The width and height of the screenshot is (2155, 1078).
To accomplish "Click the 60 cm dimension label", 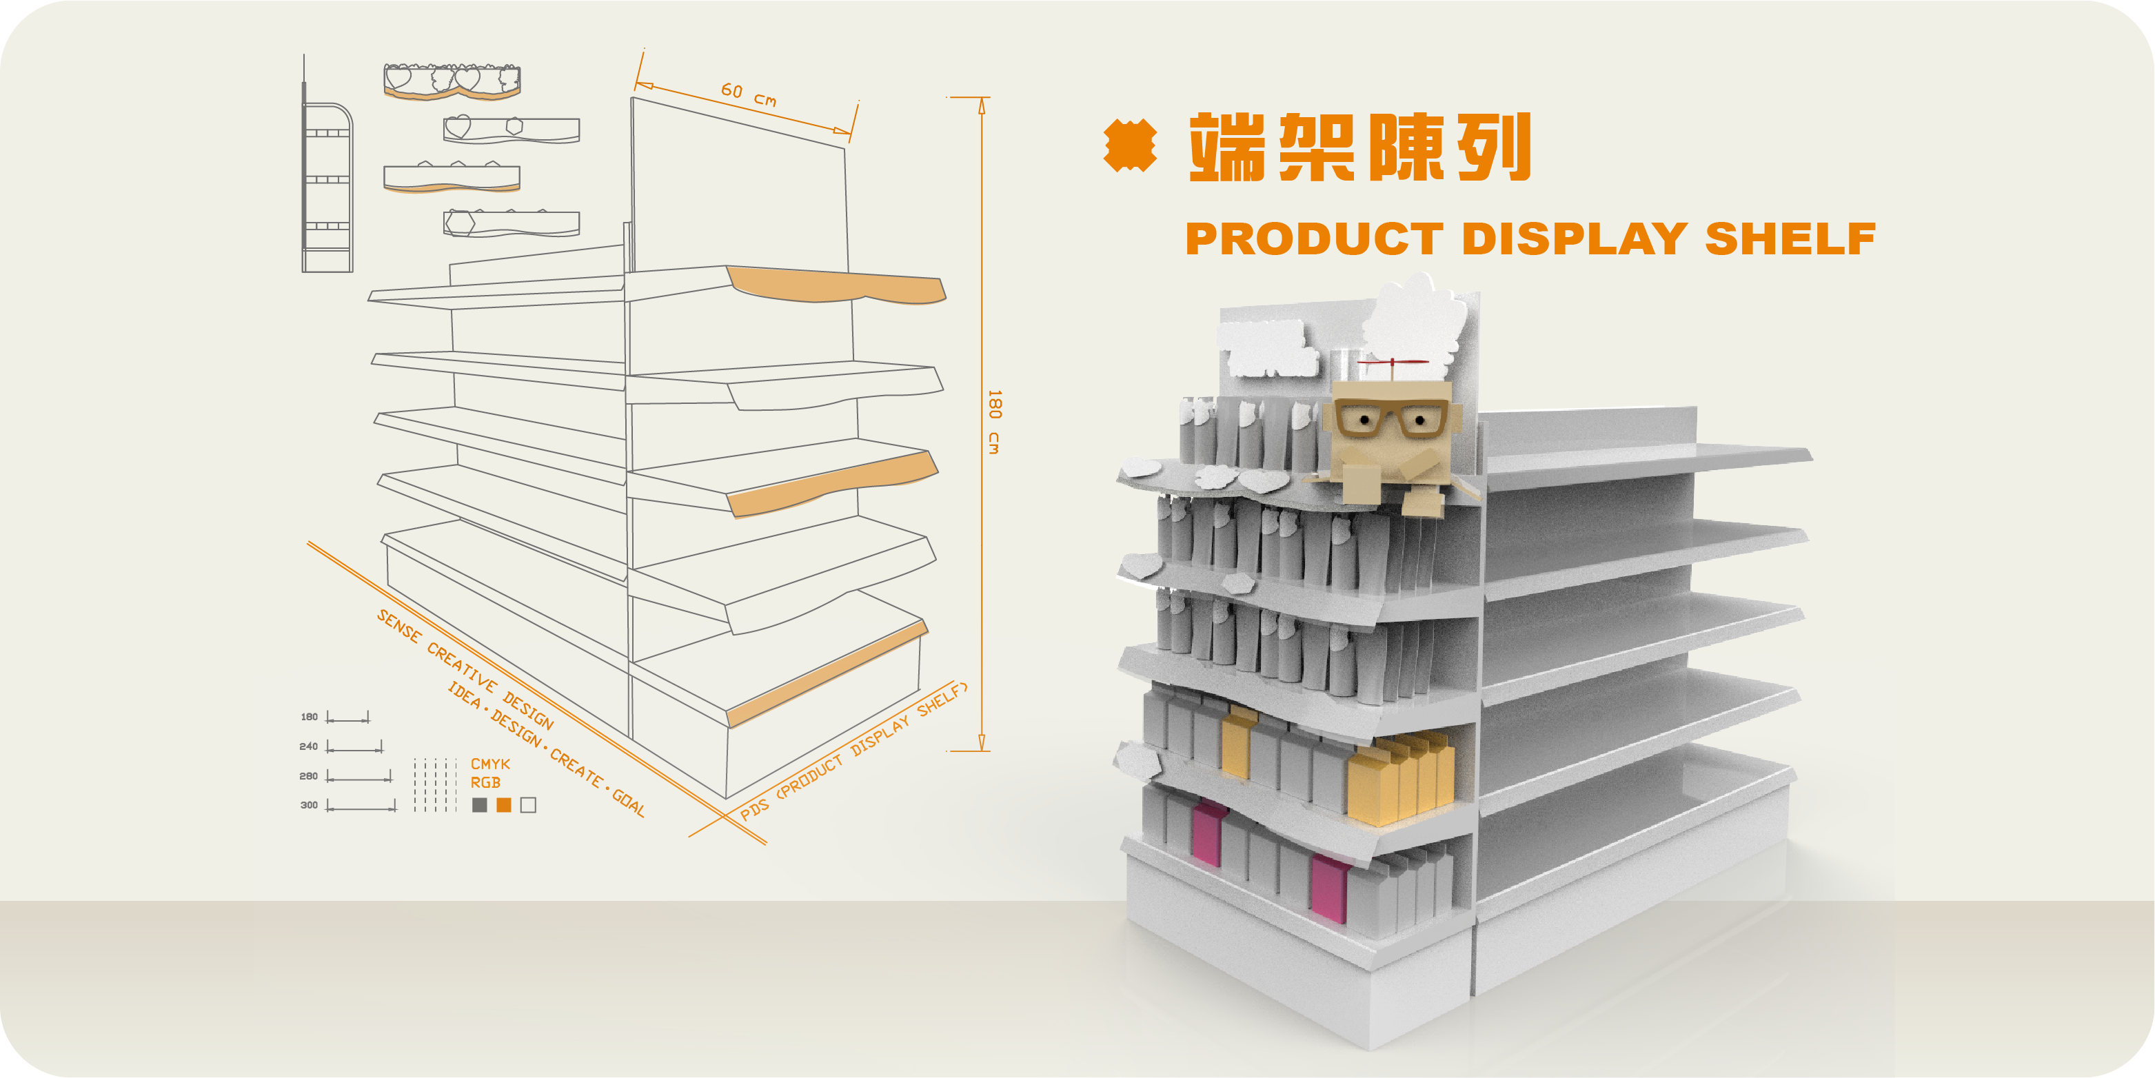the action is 749,94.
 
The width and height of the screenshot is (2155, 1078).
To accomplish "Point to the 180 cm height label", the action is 994,422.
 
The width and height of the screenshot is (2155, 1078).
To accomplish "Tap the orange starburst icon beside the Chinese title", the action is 1130,145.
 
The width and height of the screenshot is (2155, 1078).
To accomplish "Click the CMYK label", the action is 490,764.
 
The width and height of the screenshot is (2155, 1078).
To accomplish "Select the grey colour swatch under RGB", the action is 479,804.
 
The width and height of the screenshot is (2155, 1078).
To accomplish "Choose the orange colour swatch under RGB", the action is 504,804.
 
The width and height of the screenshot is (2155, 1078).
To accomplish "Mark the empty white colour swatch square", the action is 528,804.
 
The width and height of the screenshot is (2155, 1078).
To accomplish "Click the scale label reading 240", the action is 309,746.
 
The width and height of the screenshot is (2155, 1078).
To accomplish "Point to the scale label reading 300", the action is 309,805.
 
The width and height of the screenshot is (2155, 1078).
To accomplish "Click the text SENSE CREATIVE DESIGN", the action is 465,669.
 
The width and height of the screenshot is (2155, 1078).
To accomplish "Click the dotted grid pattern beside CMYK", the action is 435,785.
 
